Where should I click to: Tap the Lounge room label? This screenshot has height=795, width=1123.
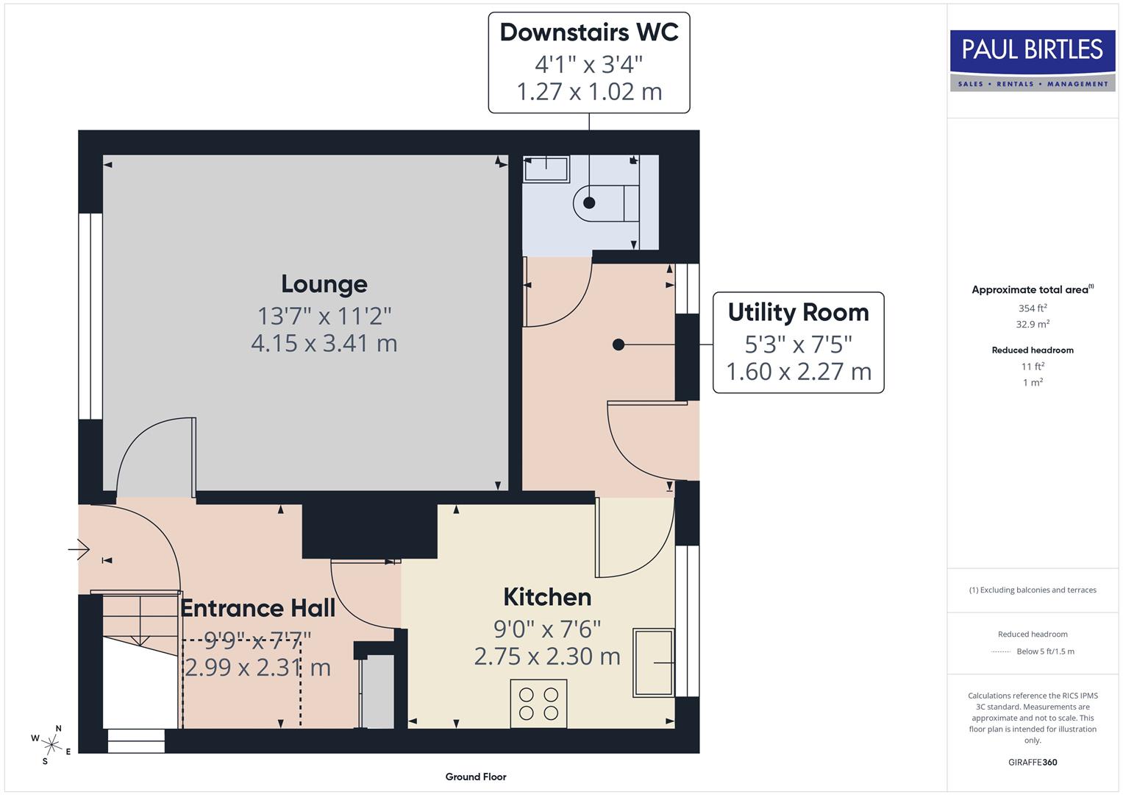point(324,284)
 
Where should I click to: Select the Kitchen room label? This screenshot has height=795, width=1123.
point(547,597)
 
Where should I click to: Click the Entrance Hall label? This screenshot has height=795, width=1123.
point(257,608)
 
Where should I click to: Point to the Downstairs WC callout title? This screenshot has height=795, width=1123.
point(589,32)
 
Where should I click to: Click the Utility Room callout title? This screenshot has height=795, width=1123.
point(798,312)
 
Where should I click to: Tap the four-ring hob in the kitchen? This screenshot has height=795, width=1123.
point(538,703)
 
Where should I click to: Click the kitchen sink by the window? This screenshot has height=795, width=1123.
point(652,662)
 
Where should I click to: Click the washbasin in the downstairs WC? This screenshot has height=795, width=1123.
point(546,169)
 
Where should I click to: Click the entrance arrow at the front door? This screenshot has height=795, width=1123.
point(79,549)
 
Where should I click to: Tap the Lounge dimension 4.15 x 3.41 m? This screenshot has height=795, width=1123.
point(324,343)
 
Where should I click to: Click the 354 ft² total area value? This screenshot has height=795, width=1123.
point(1032,308)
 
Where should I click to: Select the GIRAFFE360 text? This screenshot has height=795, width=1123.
point(1032,762)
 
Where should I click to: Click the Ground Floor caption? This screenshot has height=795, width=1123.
point(476,777)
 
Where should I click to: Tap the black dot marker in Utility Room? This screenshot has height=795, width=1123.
point(618,344)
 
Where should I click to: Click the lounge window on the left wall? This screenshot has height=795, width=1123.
point(90,317)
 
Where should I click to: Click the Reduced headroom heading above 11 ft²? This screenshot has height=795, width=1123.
point(1032,350)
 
